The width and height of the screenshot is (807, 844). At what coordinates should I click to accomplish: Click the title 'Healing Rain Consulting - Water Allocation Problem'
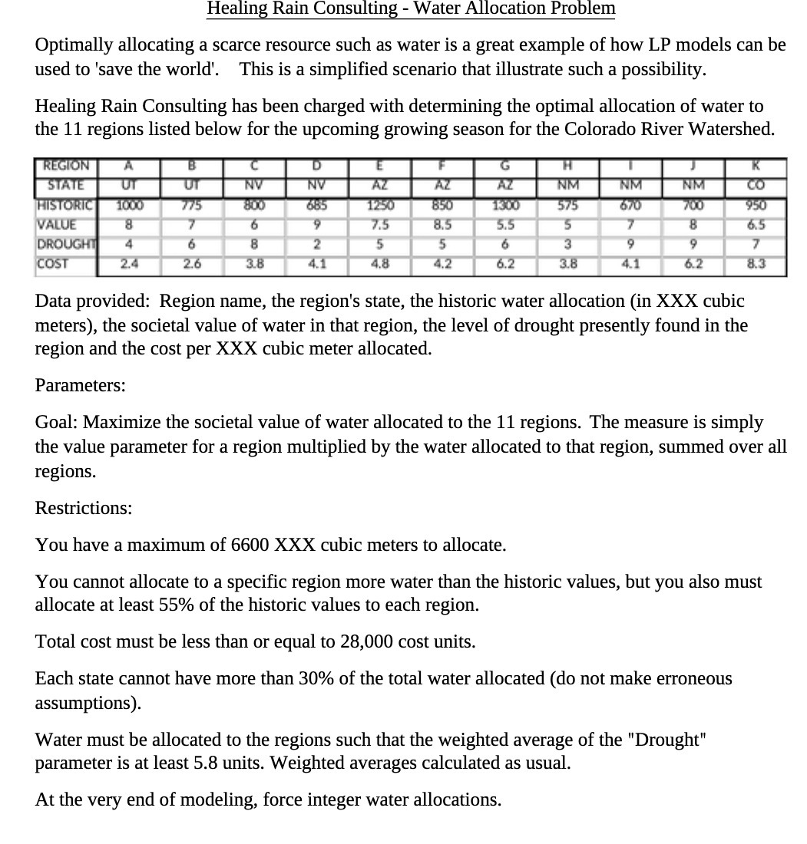[x=411, y=8]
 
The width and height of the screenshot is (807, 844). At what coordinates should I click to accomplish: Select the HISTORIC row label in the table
[x=64, y=206]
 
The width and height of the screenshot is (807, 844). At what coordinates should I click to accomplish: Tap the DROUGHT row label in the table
[x=64, y=245]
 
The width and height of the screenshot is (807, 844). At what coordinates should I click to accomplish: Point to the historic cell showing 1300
[x=505, y=206]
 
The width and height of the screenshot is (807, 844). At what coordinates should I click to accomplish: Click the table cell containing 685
[x=316, y=206]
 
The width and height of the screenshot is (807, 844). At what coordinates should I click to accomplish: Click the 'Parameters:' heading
[x=81, y=385]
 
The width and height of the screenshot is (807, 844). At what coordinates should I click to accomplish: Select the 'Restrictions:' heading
[x=84, y=508]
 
